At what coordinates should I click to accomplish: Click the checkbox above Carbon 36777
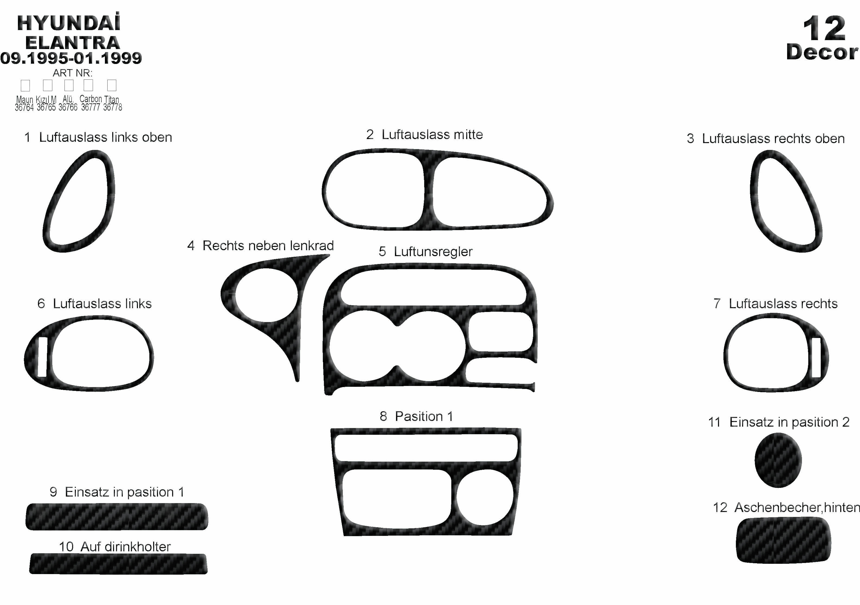88,85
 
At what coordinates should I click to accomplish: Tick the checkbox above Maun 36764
25,85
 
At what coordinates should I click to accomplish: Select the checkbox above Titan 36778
112,85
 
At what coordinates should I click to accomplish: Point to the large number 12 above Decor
824,28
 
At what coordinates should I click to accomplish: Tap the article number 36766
68,108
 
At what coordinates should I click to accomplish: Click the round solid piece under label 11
778,460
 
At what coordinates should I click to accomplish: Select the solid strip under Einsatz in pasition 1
117,517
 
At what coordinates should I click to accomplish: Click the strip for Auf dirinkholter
118,564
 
